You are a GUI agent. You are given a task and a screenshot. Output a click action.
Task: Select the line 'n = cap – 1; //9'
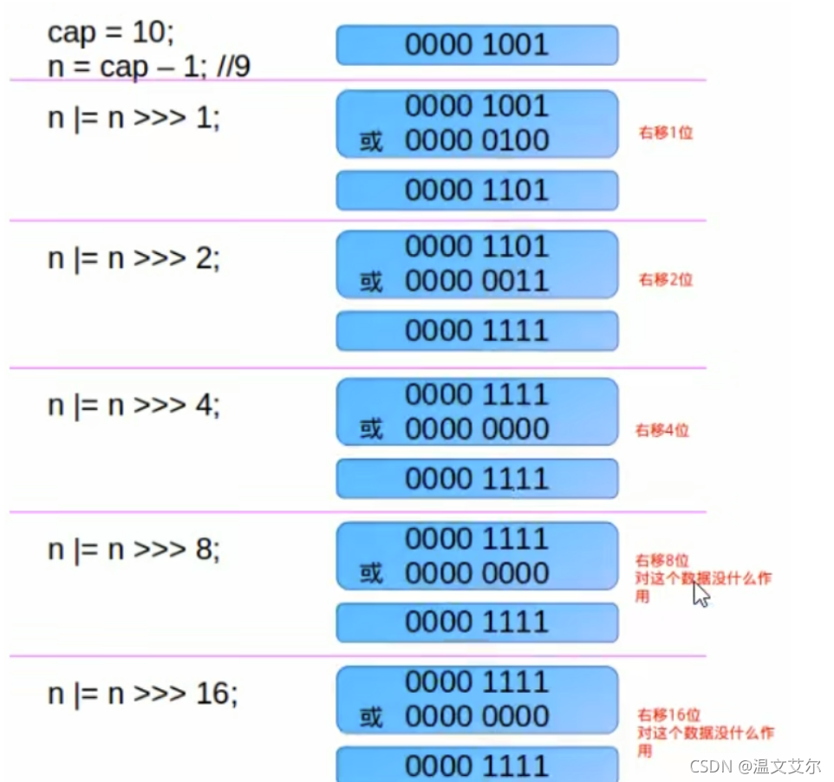[x=148, y=66]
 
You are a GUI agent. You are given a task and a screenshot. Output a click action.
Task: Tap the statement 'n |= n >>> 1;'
[x=134, y=117]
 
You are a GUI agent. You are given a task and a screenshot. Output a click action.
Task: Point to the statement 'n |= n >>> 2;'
[x=134, y=258]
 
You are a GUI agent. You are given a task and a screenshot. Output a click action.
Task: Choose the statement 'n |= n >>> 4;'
[x=134, y=405]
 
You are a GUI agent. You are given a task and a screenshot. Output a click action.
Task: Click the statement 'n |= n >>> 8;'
[x=134, y=549]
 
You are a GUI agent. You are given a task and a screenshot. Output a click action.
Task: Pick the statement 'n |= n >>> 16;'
[x=142, y=693]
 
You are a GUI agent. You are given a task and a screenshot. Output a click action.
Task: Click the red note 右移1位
[x=666, y=134]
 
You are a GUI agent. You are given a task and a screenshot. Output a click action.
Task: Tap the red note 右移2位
[x=666, y=279]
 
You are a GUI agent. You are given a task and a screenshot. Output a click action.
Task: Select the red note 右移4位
[x=662, y=430]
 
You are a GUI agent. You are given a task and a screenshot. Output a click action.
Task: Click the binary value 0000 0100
[x=477, y=140]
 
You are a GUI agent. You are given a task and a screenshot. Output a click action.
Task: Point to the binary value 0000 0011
[x=477, y=281]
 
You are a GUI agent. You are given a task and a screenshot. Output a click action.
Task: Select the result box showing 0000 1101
[x=477, y=191]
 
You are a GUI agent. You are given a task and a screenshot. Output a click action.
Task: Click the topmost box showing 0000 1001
[x=477, y=45]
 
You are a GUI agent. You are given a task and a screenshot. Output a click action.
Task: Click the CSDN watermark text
[x=754, y=766]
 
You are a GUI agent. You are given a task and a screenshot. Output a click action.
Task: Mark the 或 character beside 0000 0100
[x=371, y=141]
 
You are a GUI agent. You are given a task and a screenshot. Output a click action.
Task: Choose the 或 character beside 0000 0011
[x=371, y=282]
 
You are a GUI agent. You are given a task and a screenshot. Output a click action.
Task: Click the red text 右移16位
[x=668, y=715]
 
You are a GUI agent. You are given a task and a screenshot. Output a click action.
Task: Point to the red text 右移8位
[x=662, y=560]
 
